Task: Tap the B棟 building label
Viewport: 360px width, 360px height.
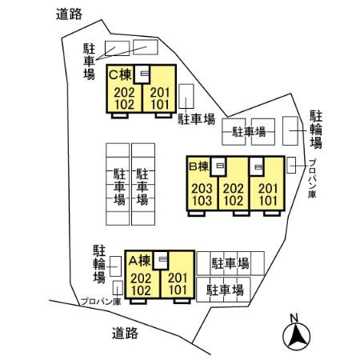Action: pos(198,167)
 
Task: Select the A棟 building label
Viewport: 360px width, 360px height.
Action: pos(139,261)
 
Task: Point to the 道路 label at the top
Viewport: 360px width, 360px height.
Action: pos(71,14)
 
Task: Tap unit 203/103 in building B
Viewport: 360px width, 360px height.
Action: pos(202,194)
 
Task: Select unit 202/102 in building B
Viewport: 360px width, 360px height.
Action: pos(233,194)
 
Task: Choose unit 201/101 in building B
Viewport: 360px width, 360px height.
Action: pos(266,194)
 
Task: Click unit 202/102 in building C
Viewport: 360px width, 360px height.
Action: pos(123,97)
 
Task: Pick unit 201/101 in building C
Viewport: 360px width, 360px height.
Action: pos(160,97)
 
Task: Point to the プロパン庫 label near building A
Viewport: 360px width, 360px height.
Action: pos(101,302)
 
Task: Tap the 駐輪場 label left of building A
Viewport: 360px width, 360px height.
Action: pos(99,263)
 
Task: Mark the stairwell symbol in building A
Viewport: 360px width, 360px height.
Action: pos(163,260)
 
